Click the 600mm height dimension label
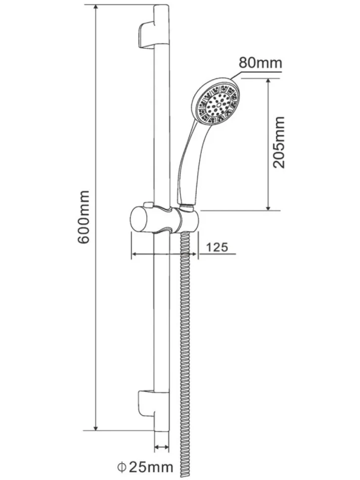tap(84, 217)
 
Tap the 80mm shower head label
tap(260, 63)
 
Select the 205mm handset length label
tap(278, 142)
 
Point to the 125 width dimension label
tap(217, 247)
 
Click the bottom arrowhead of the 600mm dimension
tap(96, 427)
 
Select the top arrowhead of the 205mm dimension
tap(268, 82)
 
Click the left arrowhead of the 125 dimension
tap(135, 254)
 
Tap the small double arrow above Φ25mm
tap(162, 447)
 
